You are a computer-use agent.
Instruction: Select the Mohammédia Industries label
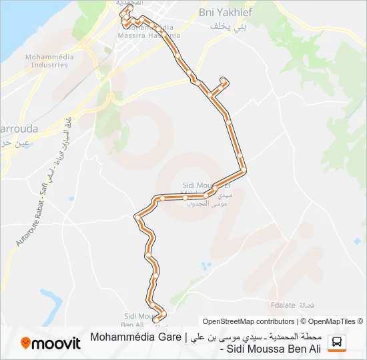tap(47, 61)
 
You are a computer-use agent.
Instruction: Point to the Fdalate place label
tap(283, 306)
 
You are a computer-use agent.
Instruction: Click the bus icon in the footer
tap(338, 343)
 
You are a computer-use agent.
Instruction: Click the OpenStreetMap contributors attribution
tap(248, 321)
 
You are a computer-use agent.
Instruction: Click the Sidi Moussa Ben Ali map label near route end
tap(139, 320)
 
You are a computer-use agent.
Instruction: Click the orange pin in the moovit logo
tap(26, 343)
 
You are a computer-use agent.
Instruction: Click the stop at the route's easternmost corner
tap(244, 171)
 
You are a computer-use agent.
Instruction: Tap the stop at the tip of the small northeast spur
tap(223, 81)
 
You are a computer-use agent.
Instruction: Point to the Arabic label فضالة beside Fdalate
tap(306, 306)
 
